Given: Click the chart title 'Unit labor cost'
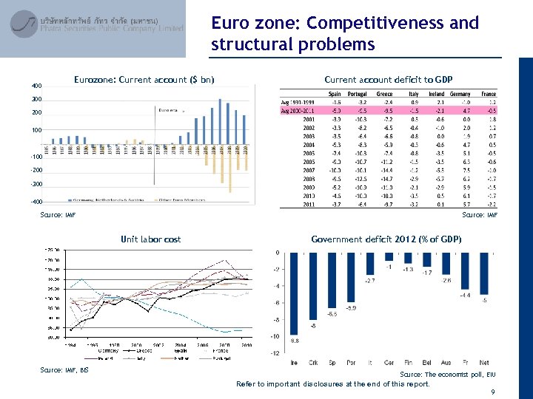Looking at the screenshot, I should (x=150, y=239).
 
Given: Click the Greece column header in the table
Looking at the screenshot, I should (x=384, y=94).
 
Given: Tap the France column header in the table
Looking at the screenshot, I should (x=488, y=94).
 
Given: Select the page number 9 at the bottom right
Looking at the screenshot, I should (x=492, y=392).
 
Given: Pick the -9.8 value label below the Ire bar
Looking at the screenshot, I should (x=294, y=341).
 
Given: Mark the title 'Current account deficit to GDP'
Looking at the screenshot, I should (x=389, y=79).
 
